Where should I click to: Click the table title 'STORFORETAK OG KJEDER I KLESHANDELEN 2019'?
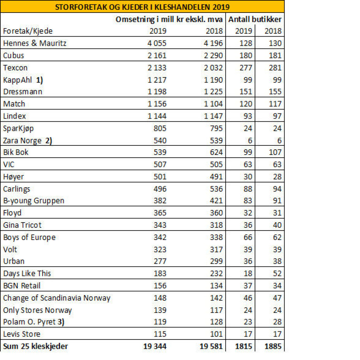[x=142, y=7]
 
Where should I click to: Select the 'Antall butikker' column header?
[x=255, y=19]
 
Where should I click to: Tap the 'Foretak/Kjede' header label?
[x=28, y=31]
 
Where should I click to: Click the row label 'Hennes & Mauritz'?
[x=35, y=43]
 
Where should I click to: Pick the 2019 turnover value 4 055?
[x=157, y=43]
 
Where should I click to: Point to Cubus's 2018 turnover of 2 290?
[x=213, y=55]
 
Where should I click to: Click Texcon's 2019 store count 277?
[x=246, y=68]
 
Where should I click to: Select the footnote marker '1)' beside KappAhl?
[x=39, y=80]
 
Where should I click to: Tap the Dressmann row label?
[x=22, y=92]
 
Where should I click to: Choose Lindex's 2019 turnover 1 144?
[x=157, y=116]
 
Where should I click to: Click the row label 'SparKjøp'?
[x=18, y=129]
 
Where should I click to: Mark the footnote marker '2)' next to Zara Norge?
[x=49, y=141]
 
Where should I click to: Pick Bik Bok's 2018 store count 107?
[x=275, y=152]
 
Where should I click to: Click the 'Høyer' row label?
[x=13, y=177]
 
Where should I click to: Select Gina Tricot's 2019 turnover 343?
[x=160, y=225]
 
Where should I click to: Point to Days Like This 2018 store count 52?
[x=277, y=273]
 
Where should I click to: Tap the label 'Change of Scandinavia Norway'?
[x=57, y=298]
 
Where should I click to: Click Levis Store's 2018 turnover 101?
[x=216, y=334]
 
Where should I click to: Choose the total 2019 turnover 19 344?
[x=155, y=346]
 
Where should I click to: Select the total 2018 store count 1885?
[x=273, y=346]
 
